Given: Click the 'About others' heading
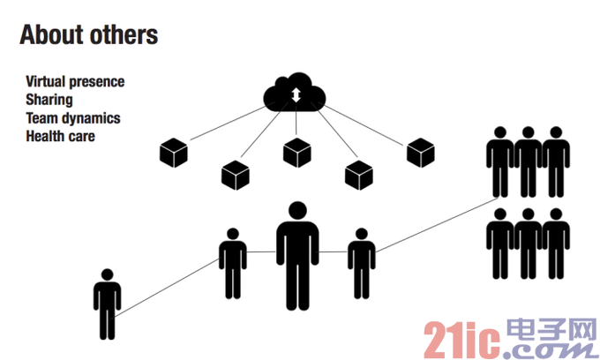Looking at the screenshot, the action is [x=89, y=34].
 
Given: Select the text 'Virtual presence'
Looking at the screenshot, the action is [x=75, y=81].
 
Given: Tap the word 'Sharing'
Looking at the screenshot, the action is [x=49, y=100].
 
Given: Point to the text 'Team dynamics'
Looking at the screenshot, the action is [x=73, y=118].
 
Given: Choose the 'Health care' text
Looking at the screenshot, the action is [x=61, y=136].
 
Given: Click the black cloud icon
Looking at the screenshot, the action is [x=294, y=93].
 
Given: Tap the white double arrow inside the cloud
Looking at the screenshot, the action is [x=296, y=95].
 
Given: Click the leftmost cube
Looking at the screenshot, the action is [x=174, y=153].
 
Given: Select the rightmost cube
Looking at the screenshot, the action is [x=421, y=153].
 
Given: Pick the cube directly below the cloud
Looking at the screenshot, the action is [x=297, y=153].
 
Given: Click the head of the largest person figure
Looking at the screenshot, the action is [x=297, y=210].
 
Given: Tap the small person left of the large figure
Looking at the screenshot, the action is [x=233, y=263].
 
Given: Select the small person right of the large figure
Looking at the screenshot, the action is [x=362, y=263].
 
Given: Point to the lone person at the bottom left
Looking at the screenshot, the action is [x=107, y=304].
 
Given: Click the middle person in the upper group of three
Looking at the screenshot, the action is [x=528, y=161].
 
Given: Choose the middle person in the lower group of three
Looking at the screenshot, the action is [x=528, y=244].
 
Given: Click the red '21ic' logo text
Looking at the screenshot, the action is [x=461, y=340].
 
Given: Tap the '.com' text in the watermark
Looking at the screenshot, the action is [x=550, y=349].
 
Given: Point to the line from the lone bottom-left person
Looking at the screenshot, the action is [x=167, y=288].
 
